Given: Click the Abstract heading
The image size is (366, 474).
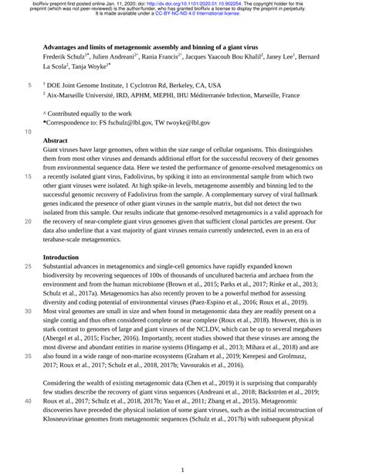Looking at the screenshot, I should (56, 142).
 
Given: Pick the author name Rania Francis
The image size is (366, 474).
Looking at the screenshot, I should (158, 56).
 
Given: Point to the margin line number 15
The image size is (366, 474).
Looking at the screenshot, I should (29, 176).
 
